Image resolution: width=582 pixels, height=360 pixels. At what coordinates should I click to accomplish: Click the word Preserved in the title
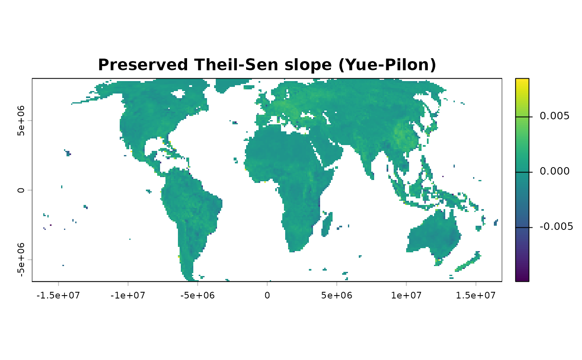tap(143, 65)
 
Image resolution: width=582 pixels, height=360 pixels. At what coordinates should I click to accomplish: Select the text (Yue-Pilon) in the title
tap(387, 65)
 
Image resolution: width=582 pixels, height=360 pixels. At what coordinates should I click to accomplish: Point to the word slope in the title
tap(308, 65)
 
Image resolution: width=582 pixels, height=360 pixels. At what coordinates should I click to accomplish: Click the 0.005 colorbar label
tap(555, 116)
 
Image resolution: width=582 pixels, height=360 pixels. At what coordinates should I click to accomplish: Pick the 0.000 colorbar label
tap(555, 171)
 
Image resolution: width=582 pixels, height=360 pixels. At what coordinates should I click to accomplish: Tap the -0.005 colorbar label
tap(556, 227)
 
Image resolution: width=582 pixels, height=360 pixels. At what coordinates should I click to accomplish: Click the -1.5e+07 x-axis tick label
tap(58, 296)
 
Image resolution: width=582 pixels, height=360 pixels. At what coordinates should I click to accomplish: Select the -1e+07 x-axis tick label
tap(128, 296)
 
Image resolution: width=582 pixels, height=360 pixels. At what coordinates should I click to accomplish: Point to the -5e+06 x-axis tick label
tap(197, 296)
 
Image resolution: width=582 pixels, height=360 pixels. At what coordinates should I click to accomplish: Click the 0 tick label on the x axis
tap(267, 296)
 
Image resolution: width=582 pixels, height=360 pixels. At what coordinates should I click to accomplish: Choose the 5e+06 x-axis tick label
tap(337, 296)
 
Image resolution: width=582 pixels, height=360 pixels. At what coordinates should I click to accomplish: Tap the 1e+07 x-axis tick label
tap(407, 296)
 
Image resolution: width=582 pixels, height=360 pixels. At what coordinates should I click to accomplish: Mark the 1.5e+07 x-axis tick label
tap(476, 296)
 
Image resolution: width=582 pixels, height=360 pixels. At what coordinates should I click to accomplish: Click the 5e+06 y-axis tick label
tap(21, 121)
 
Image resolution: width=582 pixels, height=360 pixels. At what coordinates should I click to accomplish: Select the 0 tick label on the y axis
tap(21, 190)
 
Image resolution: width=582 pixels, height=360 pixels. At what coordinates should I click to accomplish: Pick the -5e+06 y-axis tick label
tap(21, 260)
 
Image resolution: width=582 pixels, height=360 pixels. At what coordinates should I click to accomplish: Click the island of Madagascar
tap(327, 225)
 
